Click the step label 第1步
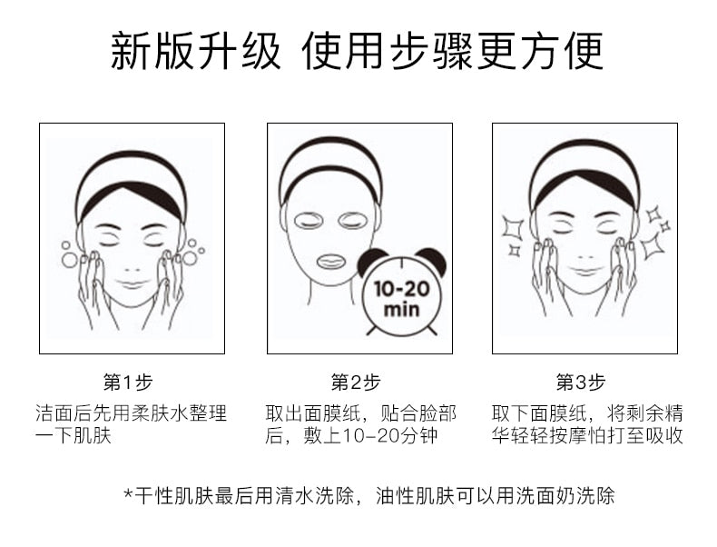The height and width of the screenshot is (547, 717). click(x=128, y=382)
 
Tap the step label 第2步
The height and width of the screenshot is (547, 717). click(x=355, y=382)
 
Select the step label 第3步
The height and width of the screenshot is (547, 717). click(x=581, y=382)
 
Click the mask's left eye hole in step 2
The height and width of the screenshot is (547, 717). click(x=309, y=221)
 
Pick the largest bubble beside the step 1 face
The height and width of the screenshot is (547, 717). click(x=70, y=260)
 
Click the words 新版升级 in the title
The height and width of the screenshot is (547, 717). click(x=195, y=51)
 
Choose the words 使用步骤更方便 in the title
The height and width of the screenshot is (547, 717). click(x=452, y=51)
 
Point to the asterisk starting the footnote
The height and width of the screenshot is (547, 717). click(x=129, y=494)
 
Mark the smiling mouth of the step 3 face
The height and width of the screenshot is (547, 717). click(x=585, y=270)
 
